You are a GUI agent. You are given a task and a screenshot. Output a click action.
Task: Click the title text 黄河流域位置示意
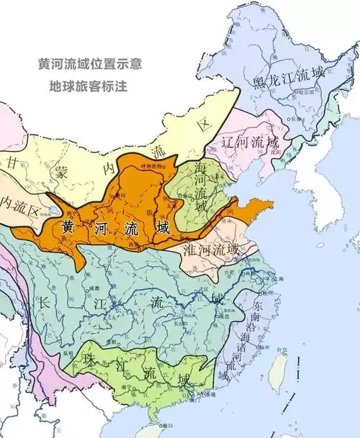(82, 63)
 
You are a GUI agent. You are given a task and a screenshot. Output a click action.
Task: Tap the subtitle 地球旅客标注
(82, 85)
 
